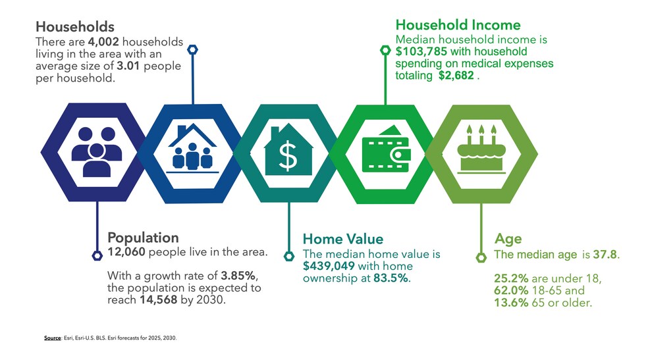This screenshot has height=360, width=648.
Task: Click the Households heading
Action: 75,27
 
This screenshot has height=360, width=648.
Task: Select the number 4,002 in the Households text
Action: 103,41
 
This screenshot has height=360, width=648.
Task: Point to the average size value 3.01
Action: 128,66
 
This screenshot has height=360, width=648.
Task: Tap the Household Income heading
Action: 458,25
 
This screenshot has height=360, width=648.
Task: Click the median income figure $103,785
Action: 421,51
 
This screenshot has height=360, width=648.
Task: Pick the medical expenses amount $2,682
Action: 456,76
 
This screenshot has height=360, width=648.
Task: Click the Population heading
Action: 143,238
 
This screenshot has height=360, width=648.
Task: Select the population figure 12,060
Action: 126,252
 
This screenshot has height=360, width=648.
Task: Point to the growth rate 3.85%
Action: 238,275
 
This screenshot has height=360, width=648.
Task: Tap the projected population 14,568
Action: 158,299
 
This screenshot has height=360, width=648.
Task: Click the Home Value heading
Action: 343,239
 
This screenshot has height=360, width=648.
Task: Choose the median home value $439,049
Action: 329,266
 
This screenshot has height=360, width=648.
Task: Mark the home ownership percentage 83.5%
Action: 391,278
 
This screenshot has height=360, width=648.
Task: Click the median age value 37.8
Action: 605,254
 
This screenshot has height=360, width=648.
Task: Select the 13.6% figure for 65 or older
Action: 511,303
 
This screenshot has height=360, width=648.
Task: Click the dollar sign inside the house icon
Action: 288,155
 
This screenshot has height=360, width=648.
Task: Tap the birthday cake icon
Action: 481,149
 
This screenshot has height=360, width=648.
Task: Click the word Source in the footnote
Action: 53,338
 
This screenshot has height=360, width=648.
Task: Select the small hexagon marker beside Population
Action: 97,255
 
